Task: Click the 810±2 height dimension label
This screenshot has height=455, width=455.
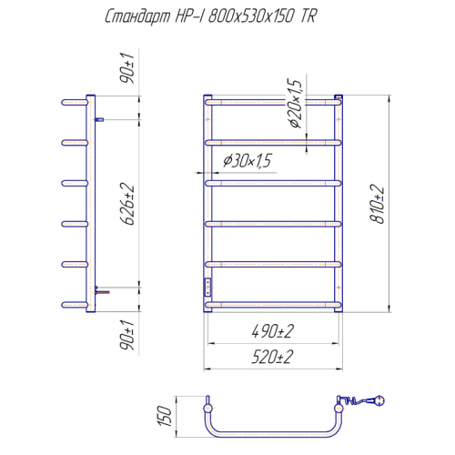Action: [378, 204]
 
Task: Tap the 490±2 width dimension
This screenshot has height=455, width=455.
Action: [273, 331]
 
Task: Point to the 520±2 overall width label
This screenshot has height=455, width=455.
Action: [273, 357]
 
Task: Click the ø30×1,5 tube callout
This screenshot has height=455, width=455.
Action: [248, 160]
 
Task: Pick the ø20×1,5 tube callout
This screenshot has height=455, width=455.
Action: [295, 104]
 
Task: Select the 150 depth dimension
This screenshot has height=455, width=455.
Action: [165, 416]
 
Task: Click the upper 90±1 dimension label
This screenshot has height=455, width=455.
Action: [126, 68]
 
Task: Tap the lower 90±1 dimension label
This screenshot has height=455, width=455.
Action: [126, 335]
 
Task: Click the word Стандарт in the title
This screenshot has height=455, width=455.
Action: [137, 16]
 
